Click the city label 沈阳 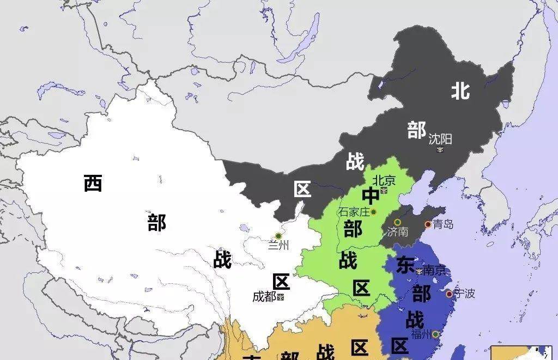tap(440, 139)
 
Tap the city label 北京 tap(384, 180)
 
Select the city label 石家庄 tap(354, 212)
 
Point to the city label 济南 tap(397, 232)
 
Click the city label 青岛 tap(442, 224)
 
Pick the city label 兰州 tap(278, 246)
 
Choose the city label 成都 tap(264, 297)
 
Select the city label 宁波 tap(464, 294)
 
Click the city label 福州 tap(422, 334)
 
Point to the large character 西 tap(93, 183)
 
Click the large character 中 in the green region tap(371, 196)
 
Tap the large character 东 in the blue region tap(405, 265)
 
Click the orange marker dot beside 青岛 tap(428, 224)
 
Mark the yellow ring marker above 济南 tap(397, 222)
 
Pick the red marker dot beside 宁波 tap(449, 294)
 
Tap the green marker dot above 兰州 tap(278, 236)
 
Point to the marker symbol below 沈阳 tap(440, 149)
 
